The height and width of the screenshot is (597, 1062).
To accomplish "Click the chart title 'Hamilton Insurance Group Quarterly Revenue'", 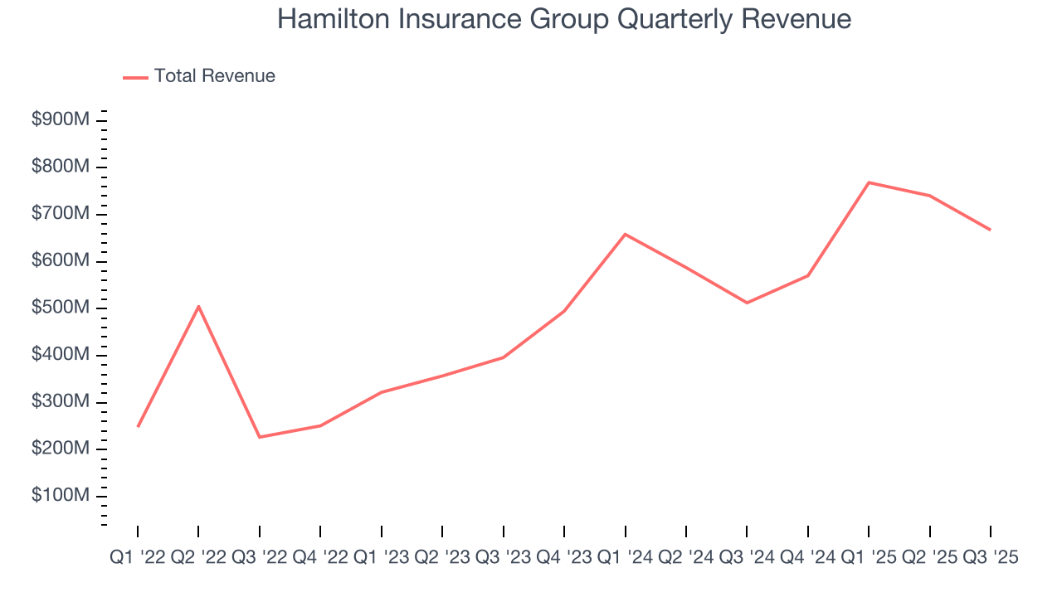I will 564,18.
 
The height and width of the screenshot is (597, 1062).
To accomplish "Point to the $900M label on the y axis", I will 61,120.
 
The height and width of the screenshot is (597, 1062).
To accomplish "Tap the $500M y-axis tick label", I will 61,308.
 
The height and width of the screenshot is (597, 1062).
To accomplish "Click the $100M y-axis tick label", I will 61,496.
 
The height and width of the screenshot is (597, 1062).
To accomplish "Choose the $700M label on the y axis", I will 61,214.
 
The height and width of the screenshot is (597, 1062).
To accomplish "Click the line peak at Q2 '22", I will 198,306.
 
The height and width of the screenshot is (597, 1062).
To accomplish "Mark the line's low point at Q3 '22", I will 260,437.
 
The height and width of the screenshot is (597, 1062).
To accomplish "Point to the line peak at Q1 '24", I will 625,234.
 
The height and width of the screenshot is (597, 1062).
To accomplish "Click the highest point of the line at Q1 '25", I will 869,182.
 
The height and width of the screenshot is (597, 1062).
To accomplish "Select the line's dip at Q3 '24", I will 747,303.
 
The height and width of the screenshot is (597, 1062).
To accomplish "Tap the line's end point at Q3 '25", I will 990,230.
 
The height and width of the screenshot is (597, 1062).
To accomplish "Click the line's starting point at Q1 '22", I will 138,426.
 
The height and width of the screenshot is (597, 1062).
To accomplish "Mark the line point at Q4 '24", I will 808,275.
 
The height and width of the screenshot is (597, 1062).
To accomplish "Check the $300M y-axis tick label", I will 61,402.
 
